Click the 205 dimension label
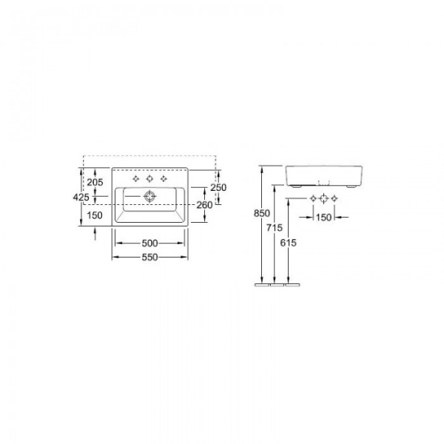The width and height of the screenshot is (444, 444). (94, 182)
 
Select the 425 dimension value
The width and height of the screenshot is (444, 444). (81, 198)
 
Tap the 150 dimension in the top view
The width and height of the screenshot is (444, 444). (94, 215)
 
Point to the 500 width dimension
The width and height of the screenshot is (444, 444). (149, 243)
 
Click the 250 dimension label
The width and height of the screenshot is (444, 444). (218, 188)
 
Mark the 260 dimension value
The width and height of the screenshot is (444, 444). (205, 205)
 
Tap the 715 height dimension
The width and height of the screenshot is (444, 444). (275, 227)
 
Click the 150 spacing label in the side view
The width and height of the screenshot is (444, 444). (323, 217)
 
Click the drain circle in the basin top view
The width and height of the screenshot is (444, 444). (149, 196)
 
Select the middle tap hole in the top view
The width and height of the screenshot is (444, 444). (149, 179)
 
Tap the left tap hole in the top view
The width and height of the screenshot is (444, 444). (135, 179)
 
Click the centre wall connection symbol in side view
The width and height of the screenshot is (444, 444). (323, 198)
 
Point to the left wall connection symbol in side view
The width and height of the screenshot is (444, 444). (313, 198)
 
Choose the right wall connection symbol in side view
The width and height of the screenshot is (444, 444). (334, 198)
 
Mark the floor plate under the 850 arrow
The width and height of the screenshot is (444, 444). (262, 282)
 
